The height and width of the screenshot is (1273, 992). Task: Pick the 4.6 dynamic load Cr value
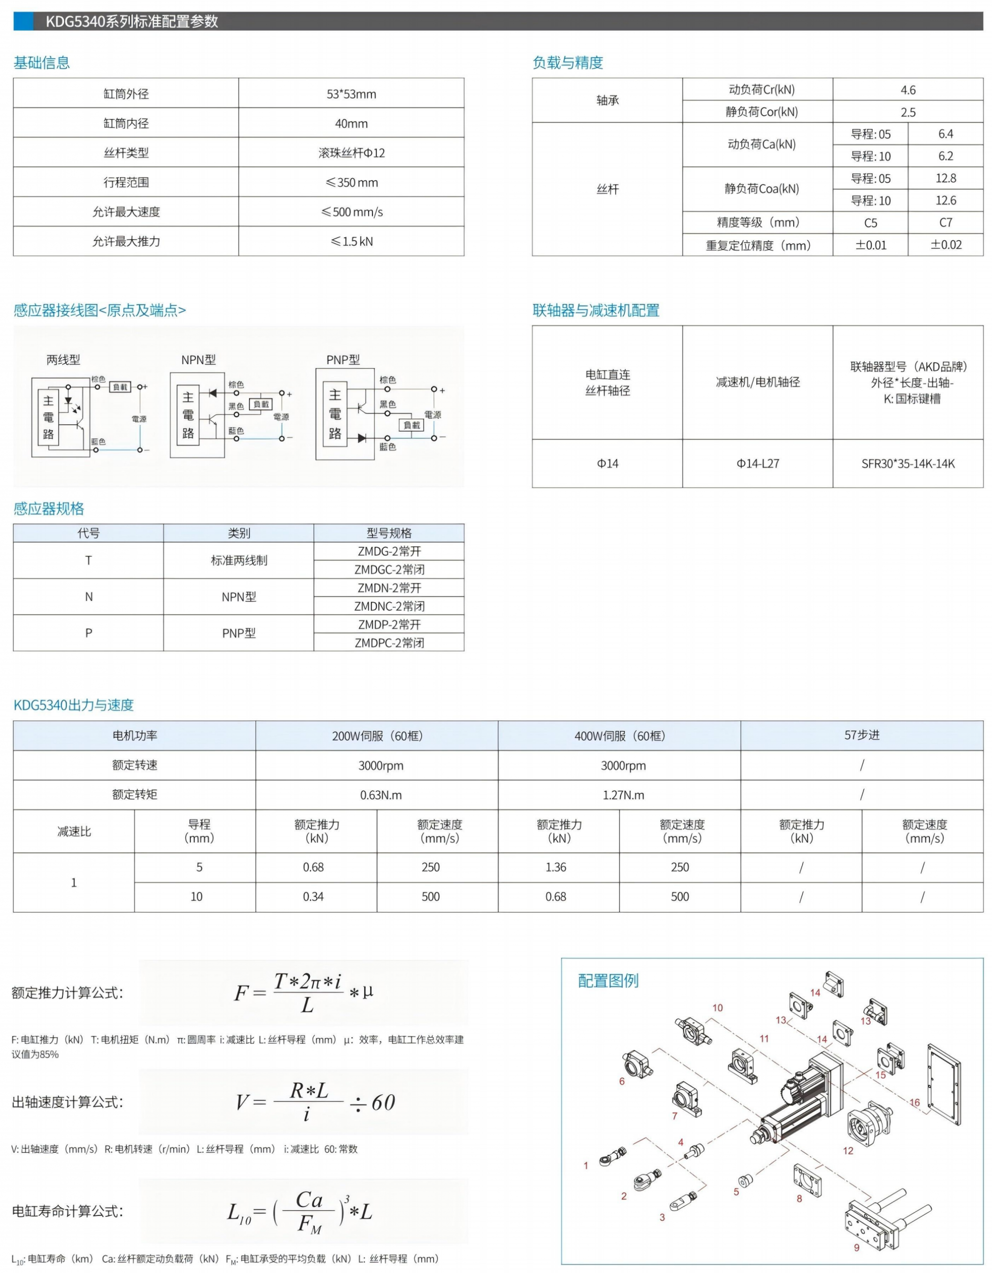(x=908, y=90)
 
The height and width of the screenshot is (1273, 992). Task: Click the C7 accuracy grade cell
(x=945, y=223)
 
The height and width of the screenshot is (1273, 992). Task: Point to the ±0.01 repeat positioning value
(x=870, y=245)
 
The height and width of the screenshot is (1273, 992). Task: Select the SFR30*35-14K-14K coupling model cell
(x=908, y=463)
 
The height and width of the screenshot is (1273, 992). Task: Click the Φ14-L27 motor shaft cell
(x=757, y=463)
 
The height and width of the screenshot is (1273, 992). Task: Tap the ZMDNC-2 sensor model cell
(x=389, y=606)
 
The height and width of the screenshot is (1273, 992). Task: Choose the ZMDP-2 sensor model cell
(x=389, y=624)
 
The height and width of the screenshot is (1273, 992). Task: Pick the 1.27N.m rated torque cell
(x=623, y=795)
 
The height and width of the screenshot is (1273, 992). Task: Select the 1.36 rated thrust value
(x=556, y=867)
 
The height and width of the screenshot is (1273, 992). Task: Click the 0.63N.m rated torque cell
(x=380, y=795)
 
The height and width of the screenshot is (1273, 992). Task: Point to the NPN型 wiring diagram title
(x=198, y=360)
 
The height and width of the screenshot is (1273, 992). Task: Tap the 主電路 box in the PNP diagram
(x=335, y=414)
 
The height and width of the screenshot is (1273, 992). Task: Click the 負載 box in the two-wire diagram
(x=120, y=387)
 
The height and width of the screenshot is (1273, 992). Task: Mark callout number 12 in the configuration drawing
(x=848, y=1150)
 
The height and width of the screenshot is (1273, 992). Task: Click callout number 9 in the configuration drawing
(x=856, y=1247)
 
